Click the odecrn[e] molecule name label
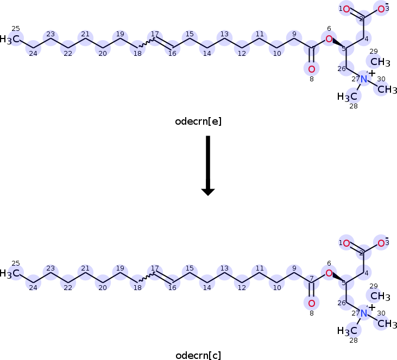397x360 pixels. pos(198,121)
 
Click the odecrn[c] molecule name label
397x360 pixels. pos(198,356)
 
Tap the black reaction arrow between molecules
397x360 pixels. pos(208,165)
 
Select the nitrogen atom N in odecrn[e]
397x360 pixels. pos(364,80)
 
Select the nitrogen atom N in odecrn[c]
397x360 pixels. pos(364,313)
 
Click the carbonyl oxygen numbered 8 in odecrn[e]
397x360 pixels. pos(311,69)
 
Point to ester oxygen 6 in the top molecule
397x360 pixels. pos(329,38)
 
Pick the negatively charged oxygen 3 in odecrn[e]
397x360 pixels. pos(381,9)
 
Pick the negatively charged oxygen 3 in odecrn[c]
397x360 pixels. pos(381,243)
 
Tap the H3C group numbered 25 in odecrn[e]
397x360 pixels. pos(11,39)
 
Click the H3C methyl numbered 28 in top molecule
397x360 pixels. pos(348,97)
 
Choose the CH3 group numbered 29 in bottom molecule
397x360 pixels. pos(380,296)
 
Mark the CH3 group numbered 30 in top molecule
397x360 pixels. pos(387,89)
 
